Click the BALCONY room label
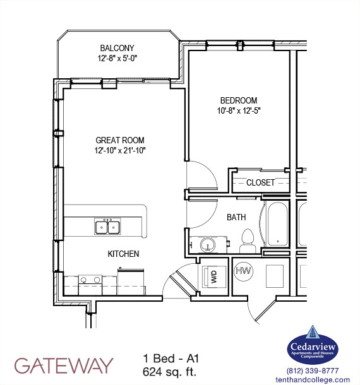(117, 48)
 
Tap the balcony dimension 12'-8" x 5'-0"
(117, 58)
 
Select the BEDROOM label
(238, 100)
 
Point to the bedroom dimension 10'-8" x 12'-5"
(238, 110)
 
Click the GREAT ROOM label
(120, 140)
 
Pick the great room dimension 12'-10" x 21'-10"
(120, 150)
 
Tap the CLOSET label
(260, 182)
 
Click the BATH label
(236, 217)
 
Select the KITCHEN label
(123, 254)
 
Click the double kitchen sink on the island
(107, 227)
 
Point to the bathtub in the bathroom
(276, 225)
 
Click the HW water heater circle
(243, 271)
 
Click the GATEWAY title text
(63, 365)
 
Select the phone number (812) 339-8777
(313, 370)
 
